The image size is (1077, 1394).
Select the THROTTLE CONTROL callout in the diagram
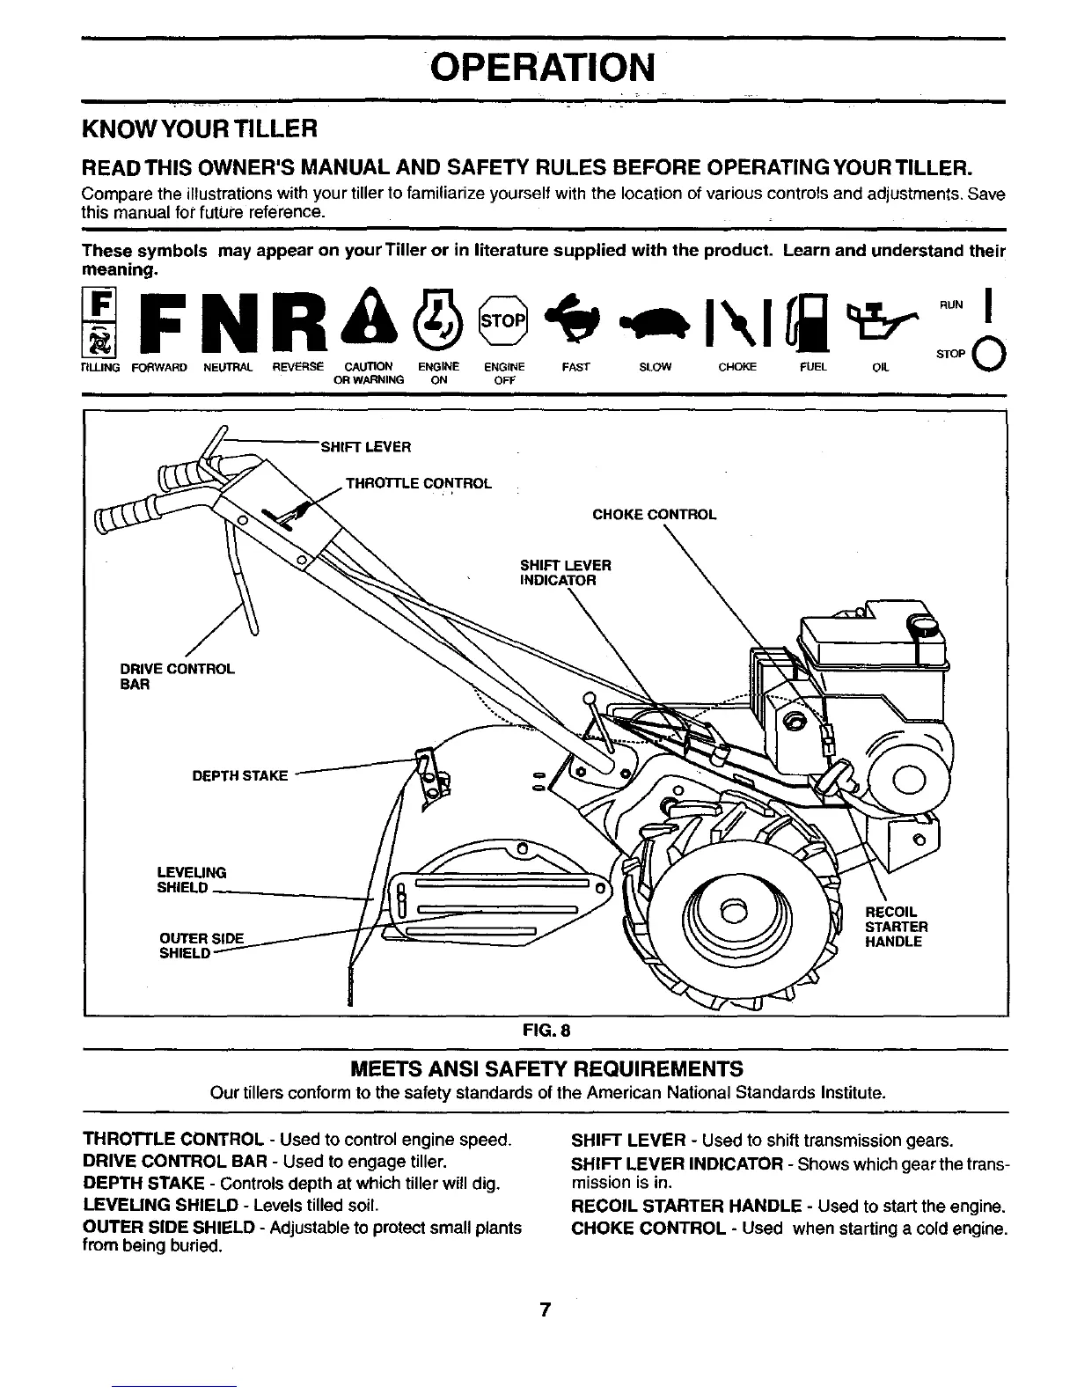pyautogui.click(x=418, y=483)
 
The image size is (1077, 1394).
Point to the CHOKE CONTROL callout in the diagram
pyautogui.click(x=655, y=514)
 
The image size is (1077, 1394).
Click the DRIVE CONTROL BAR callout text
pyautogui.click(x=177, y=676)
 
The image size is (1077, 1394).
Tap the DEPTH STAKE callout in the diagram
pyautogui.click(x=240, y=775)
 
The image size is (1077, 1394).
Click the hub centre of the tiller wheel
pyautogui.click(x=729, y=912)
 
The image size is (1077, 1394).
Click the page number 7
pyautogui.click(x=545, y=1310)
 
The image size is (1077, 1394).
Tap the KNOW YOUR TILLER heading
pyautogui.click(x=198, y=129)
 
